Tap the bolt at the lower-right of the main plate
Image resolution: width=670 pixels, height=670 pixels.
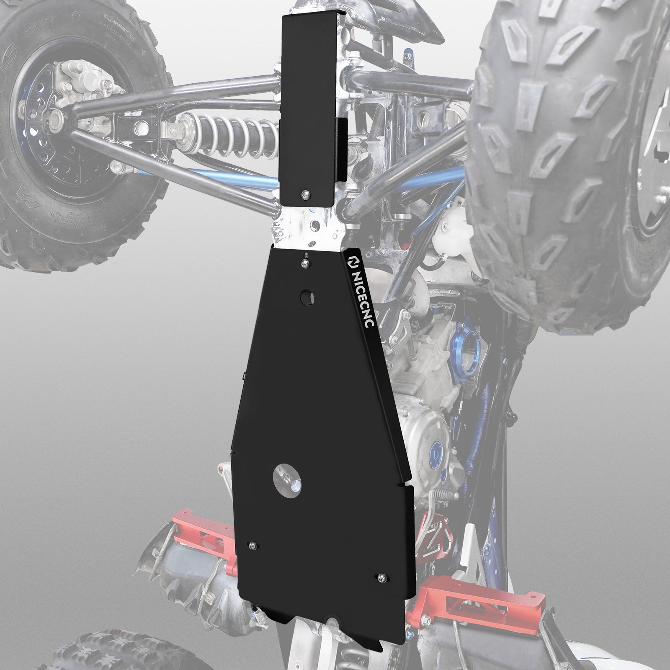click(x=382, y=578)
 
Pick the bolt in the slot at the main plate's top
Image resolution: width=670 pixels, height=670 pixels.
click(x=307, y=262)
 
